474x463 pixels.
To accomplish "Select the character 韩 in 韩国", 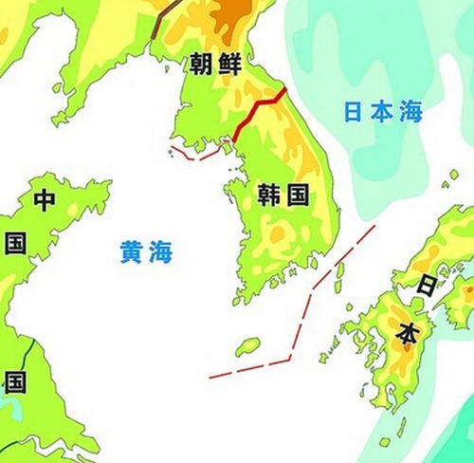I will click(269, 196).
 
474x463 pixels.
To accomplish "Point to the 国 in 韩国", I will click(298, 196).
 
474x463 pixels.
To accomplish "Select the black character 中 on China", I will click(45, 200).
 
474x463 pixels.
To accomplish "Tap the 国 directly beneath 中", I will click(15, 243).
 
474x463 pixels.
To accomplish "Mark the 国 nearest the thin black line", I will click(14, 382).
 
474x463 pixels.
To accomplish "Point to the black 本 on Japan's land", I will click(406, 334).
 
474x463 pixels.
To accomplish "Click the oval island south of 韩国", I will click(248, 346).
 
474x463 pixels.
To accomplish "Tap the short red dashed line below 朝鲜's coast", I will click(194, 154).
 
